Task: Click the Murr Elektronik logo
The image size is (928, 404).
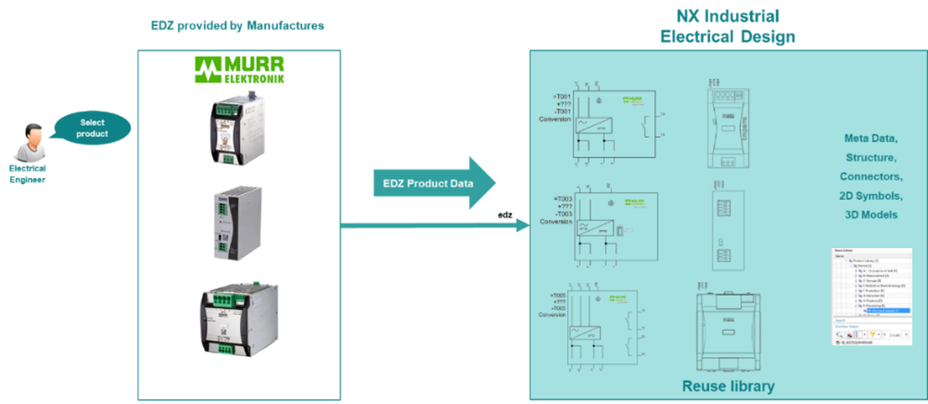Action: [239, 70]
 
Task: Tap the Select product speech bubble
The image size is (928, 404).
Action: [92, 128]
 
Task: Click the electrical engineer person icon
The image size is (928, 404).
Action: [31, 143]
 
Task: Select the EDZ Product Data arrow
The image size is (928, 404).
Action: [434, 183]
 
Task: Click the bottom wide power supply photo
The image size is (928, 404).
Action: [239, 320]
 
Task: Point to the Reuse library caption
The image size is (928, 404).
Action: [728, 386]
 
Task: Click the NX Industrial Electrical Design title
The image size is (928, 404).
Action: [727, 26]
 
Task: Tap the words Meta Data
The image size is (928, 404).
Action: [871, 138]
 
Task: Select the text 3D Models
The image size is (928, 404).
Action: [871, 215]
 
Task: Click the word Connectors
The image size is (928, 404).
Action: [871, 177]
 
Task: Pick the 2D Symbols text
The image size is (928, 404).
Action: [871, 196]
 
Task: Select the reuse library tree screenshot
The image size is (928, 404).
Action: [872, 296]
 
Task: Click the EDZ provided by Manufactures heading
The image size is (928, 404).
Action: [237, 26]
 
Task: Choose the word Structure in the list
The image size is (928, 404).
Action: [871, 157]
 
